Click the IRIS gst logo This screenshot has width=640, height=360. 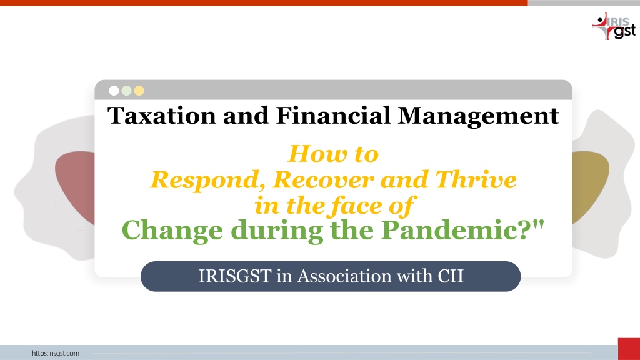(x=614, y=26)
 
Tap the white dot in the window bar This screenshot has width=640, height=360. (x=114, y=91)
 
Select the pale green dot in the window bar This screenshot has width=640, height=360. (x=126, y=91)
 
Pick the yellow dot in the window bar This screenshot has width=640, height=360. (x=139, y=91)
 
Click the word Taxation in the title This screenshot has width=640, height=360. (x=162, y=116)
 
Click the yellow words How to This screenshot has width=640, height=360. (x=334, y=154)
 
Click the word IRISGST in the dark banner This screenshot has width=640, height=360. (x=235, y=276)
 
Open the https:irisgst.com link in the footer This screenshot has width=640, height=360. (x=56, y=354)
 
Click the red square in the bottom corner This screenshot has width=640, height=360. (x=629, y=349)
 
